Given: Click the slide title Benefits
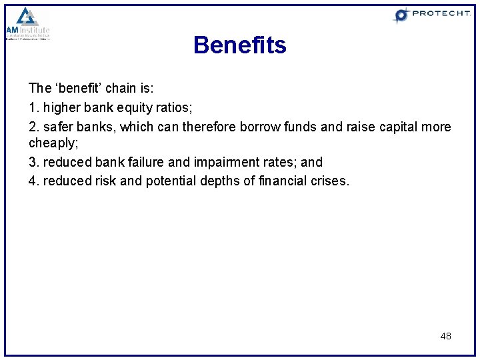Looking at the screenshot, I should point(239,45).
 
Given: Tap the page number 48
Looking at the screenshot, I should point(445,336).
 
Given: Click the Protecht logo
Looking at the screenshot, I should point(431,15).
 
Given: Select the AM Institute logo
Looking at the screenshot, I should point(28,24).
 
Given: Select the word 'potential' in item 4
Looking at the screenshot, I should point(166,181).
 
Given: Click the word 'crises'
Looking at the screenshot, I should point(329,181).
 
